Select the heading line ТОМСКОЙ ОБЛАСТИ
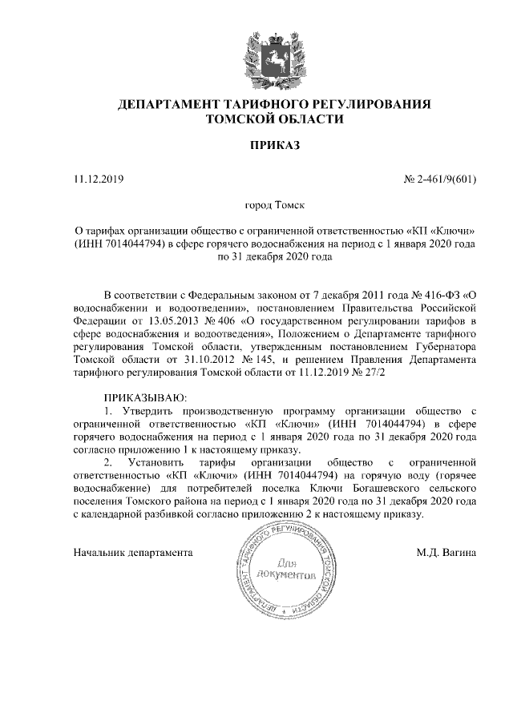tap(274, 120)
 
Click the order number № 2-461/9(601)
tap(439, 179)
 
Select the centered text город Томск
tap(274, 206)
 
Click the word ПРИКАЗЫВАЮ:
tap(145, 398)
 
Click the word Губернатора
tap(445, 346)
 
